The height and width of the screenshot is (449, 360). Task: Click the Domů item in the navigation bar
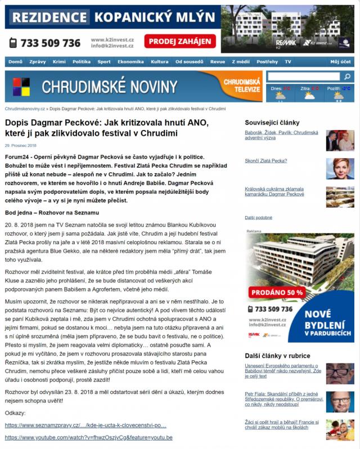(x=16, y=61)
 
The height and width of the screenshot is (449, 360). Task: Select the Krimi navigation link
(x=59, y=61)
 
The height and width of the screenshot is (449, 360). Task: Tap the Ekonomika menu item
(x=130, y=61)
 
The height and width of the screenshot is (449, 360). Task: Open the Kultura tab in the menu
(x=160, y=61)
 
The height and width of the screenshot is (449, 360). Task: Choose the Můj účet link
(x=340, y=61)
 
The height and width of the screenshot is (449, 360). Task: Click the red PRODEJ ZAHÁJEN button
(x=180, y=41)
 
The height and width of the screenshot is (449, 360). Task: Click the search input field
(x=304, y=77)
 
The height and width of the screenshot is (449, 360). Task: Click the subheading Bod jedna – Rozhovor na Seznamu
(x=52, y=212)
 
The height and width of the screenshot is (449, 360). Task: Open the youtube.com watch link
(x=89, y=437)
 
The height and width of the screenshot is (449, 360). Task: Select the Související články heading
(x=272, y=122)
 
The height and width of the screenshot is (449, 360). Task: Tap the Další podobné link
(x=259, y=217)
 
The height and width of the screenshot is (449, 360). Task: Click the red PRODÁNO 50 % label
(x=278, y=292)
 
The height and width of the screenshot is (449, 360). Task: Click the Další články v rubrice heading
(x=277, y=356)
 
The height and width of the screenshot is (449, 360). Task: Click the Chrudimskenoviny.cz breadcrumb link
(x=25, y=109)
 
